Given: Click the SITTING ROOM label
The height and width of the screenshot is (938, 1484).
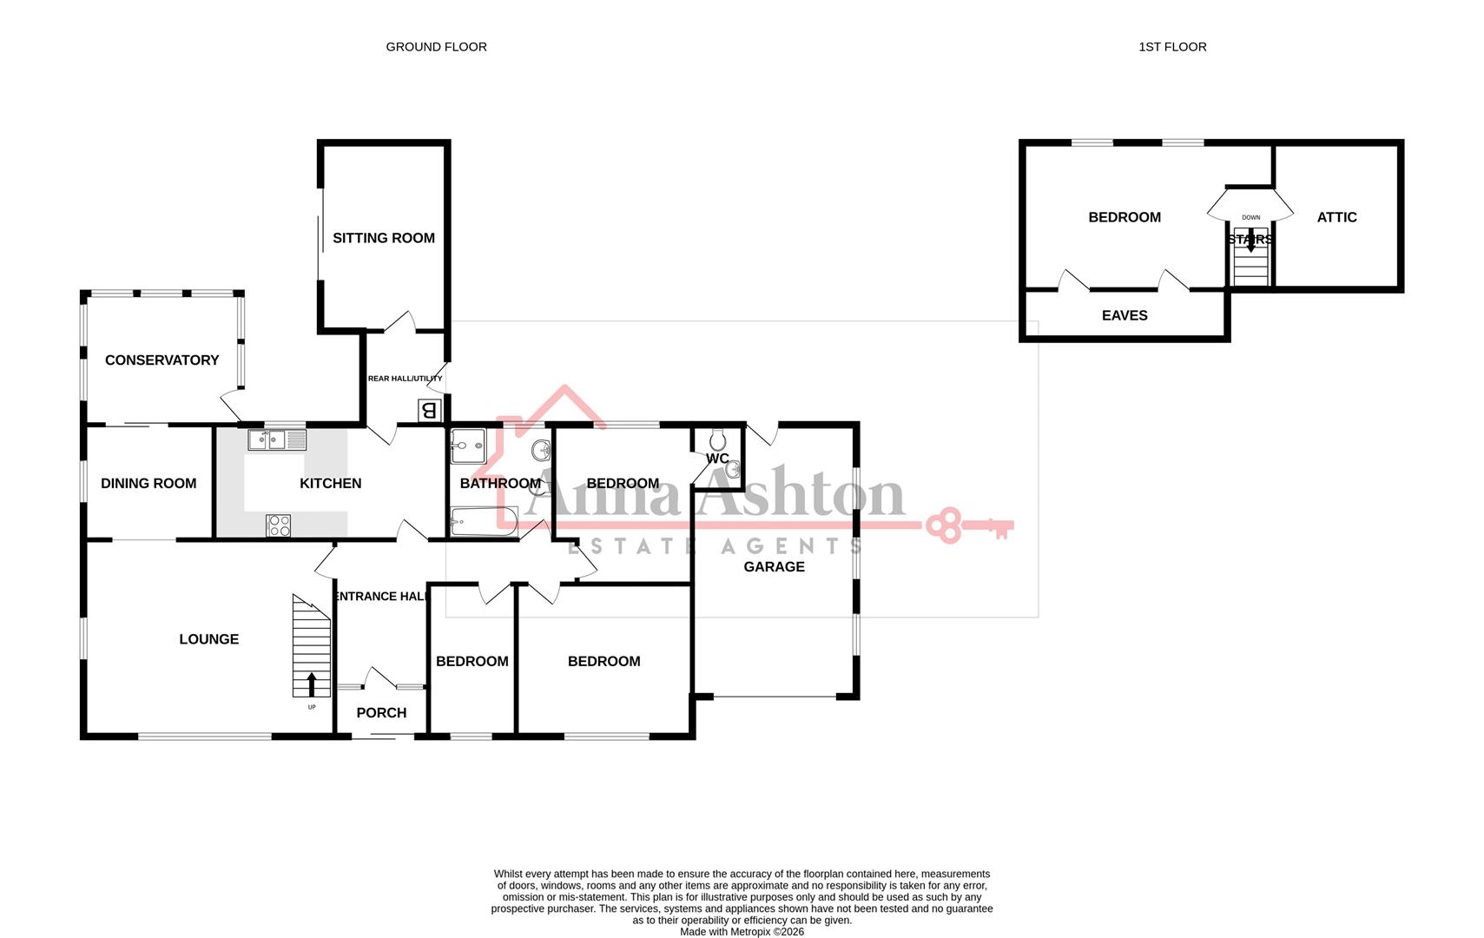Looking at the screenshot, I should coord(383,238).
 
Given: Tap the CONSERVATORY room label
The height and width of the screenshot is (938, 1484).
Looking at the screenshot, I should coord(162,360).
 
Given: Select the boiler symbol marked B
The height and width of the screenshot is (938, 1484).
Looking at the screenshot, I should coord(429,409).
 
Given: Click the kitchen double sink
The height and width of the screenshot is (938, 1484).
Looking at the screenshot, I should coord(277,440).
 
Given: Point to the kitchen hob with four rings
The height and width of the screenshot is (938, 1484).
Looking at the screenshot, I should coord(278,525).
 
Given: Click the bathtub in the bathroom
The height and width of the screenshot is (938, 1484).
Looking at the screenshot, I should coord(483,522).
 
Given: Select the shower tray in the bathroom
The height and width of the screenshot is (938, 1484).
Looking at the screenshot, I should coord(468,446).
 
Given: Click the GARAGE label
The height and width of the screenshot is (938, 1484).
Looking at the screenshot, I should coord(774,567).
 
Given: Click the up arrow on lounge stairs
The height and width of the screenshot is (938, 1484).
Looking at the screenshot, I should coord(312,684).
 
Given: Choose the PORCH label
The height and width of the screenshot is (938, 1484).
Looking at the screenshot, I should coord(381,713).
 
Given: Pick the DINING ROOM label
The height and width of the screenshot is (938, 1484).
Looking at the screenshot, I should coord(148,484).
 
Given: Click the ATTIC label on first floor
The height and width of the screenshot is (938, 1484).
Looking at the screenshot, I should coord(1336,218).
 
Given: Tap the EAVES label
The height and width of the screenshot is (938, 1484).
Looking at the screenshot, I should coord(1125,316).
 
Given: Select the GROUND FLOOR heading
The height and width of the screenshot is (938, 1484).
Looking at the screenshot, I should coord(436,47).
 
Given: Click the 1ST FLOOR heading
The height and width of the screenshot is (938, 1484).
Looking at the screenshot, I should coord(1172,47).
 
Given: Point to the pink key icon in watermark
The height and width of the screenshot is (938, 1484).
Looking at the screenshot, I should coord(968,525).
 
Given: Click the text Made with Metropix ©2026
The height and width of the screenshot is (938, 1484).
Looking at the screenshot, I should coord(742,932).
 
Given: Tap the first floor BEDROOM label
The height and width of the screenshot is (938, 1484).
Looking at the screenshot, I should coord(1125,218).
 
